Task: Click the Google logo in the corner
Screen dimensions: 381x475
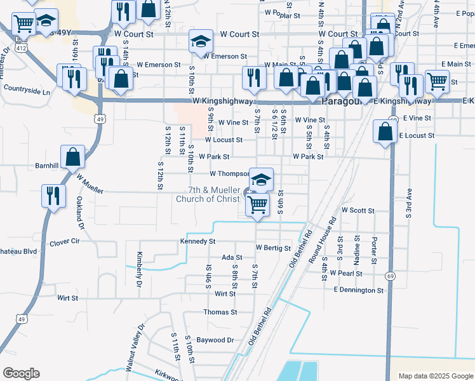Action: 21,373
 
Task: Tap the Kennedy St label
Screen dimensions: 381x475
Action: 198,241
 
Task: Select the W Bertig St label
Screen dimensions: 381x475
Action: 273,248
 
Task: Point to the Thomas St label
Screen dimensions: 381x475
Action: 220,312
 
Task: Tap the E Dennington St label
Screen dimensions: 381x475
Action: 359,290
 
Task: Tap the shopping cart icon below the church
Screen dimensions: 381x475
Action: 257,205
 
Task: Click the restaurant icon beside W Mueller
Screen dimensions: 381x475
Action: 53,195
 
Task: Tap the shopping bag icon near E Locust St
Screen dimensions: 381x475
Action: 385,131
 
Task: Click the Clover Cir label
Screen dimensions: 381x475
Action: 65,241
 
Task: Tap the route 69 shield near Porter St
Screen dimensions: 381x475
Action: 390,276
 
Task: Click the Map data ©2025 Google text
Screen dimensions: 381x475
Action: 435,376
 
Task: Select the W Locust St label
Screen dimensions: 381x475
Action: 224,140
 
